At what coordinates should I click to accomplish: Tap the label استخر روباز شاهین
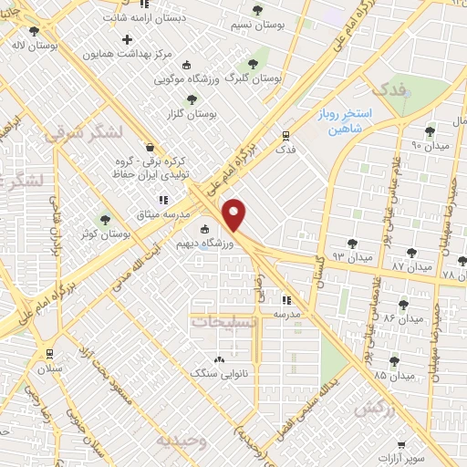(366, 120)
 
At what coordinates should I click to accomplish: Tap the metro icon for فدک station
(285, 137)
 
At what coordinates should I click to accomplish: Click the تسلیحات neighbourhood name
(223, 320)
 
